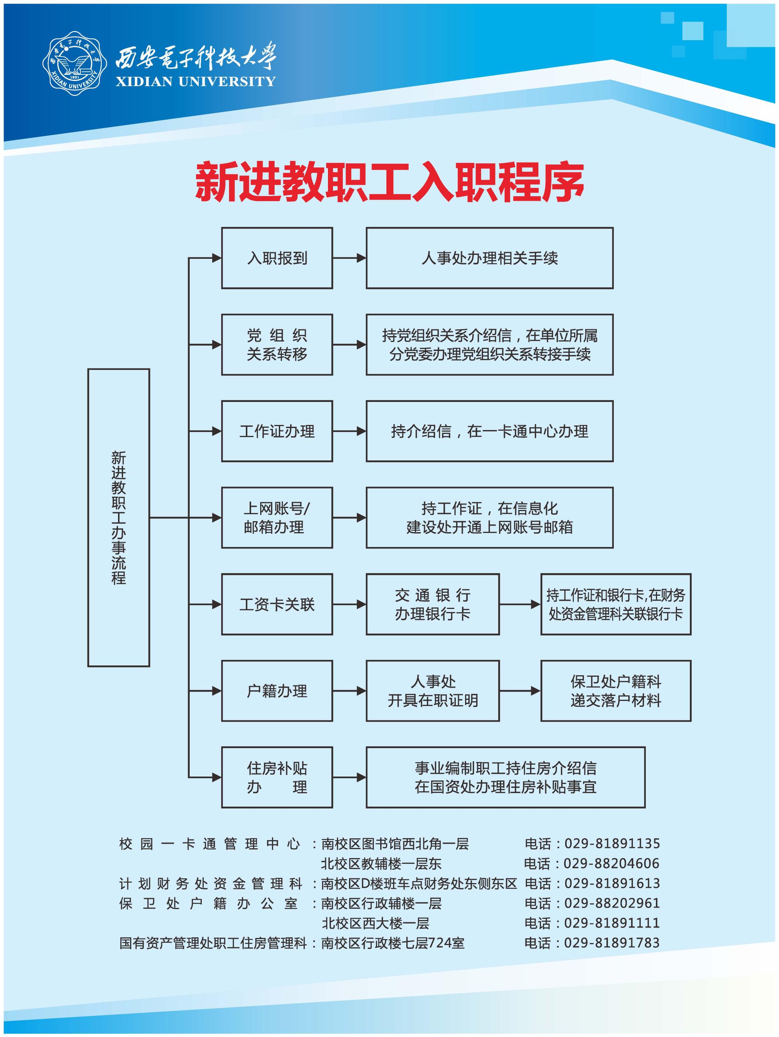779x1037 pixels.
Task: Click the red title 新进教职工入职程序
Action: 389,182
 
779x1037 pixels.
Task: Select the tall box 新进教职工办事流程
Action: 118,518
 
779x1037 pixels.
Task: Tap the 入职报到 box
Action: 277,258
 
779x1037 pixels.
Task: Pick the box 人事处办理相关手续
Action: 490,258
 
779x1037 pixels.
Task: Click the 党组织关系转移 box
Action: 277,345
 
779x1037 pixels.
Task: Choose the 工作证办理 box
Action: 277,431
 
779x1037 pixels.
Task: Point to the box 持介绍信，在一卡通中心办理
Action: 490,431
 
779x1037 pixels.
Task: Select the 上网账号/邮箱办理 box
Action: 277,518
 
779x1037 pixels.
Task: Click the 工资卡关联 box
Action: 277,604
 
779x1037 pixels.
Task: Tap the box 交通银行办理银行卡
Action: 432,604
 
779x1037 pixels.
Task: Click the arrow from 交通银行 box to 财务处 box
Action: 520,604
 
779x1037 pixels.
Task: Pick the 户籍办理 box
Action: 277,691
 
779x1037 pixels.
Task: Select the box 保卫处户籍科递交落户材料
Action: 615,691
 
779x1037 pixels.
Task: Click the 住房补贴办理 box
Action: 277,777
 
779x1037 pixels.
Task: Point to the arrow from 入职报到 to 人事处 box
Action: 349,258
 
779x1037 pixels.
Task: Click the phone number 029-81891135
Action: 612,843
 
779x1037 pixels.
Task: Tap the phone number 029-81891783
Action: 612,942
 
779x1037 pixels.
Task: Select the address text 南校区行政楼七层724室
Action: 393,942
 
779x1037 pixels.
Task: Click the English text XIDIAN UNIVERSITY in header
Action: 196,81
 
